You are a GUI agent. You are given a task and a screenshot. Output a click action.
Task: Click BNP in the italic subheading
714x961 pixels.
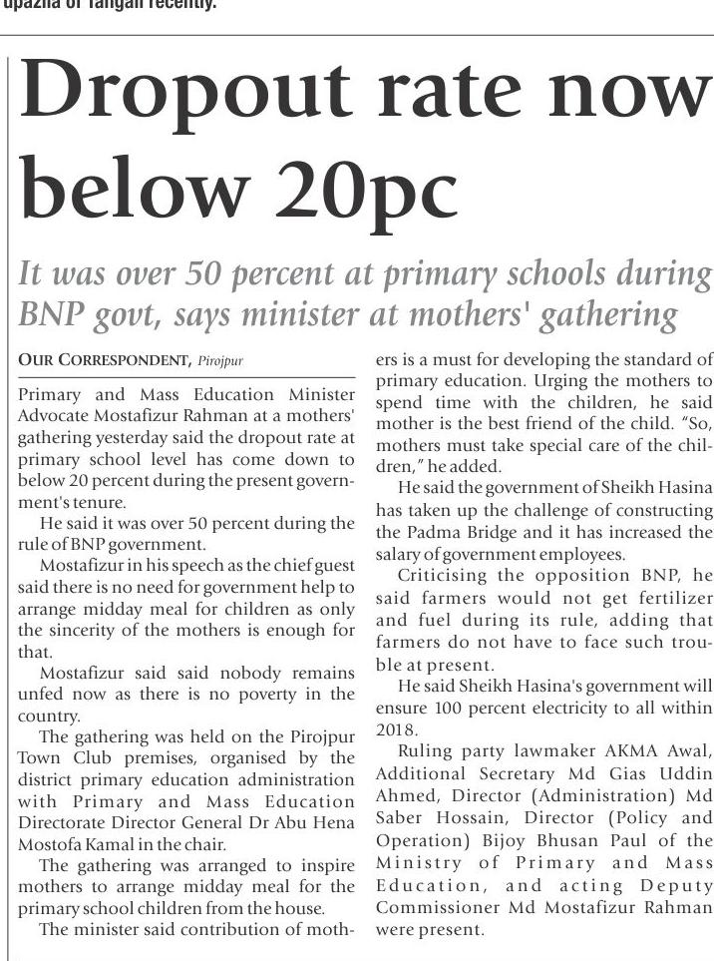point(49,315)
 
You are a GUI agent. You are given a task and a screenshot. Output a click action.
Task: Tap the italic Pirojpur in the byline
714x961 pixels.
point(221,359)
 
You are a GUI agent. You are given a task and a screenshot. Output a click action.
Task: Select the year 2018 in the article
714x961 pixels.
point(395,729)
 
